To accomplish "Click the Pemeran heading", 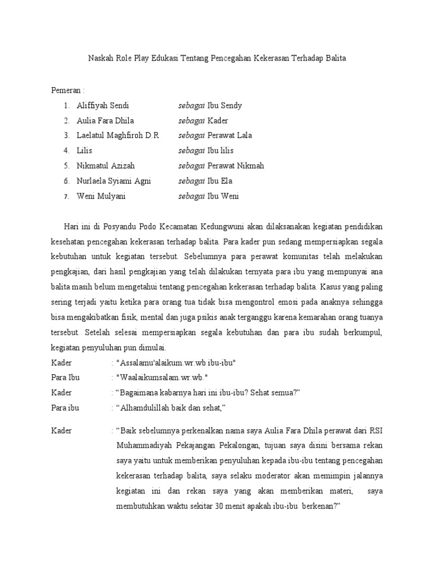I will [x=67, y=90].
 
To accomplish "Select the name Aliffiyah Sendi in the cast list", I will [x=103, y=106].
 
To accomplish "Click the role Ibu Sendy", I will [x=224, y=106].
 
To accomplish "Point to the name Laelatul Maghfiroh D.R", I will [x=118, y=136].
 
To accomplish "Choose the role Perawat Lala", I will [x=229, y=136].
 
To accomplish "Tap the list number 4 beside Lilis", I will [x=66, y=151].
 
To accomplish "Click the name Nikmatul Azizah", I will [x=106, y=166].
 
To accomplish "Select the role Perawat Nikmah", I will [x=236, y=166].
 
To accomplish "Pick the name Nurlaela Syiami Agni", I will [x=115, y=181].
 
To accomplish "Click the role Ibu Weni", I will [x=223, y=196].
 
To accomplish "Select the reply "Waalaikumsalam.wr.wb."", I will [x=162, y=378].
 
